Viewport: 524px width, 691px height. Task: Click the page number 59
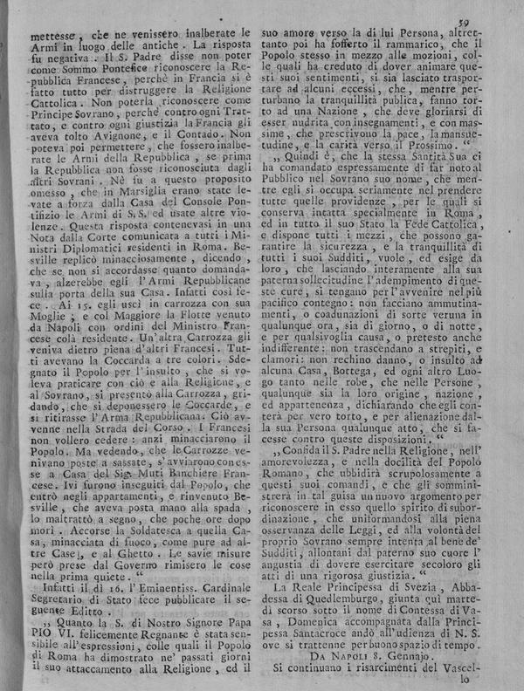(491, 10)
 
